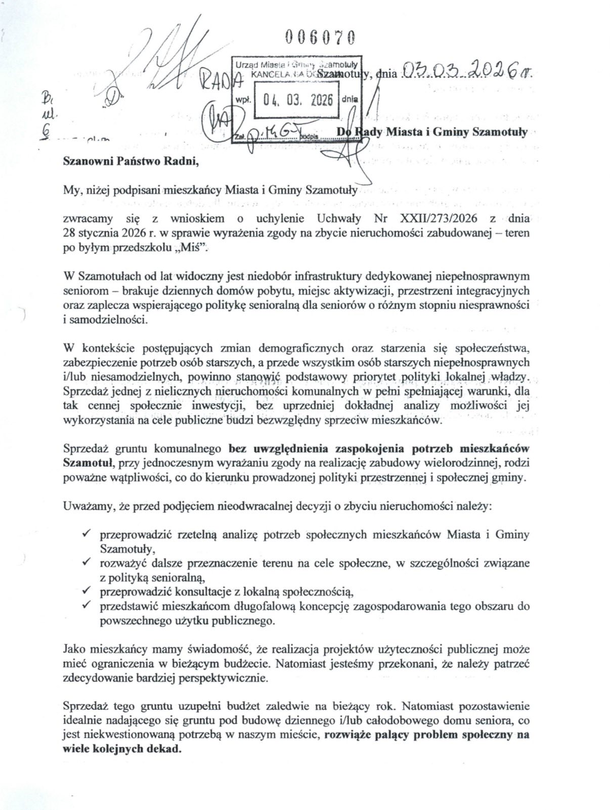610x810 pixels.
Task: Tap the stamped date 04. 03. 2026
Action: point(296,100)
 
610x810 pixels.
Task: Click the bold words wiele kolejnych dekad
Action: point(121,749)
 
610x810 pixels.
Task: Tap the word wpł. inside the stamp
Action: point(244,100)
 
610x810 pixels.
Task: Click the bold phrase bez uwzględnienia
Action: point(269,448)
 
